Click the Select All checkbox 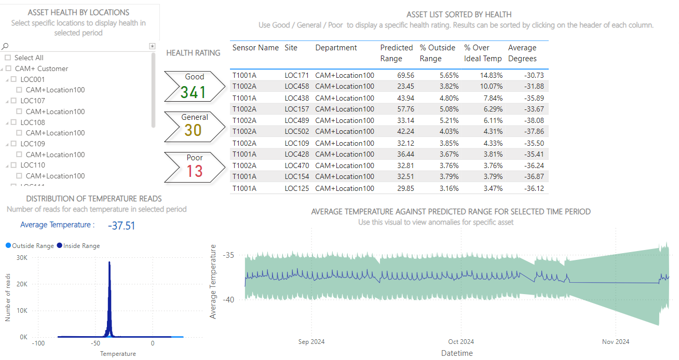click(x=8, y=58)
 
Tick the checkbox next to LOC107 click(x=13, y=101)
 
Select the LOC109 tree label click(x=33, y=144)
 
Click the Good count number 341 click(x=193, y=93)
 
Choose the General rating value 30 click(x=193, y=130)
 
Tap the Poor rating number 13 click(x=195, y=171)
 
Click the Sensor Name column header click(x=255, y=48)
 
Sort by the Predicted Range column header click(x=397, y=53)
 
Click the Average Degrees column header click(x=522, y=53)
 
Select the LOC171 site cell click(x=296, y=75)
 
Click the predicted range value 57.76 click(x=404, y=109)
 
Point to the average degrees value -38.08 click(x=533, y=120)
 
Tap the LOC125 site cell click(x=296, y=188)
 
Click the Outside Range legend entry click(x=30, y=246)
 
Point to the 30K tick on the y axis click(x=22, y=258)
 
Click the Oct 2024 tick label click(x=461, y=342)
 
